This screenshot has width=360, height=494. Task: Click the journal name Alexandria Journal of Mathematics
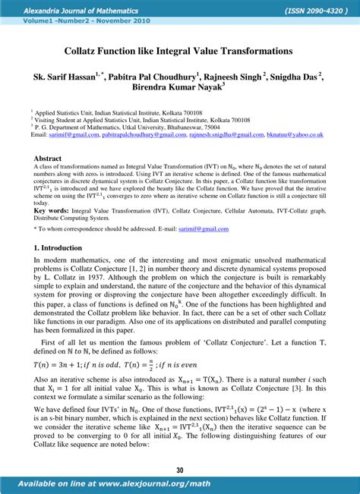click(70, 11)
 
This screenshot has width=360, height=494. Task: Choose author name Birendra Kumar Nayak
click(177, 90)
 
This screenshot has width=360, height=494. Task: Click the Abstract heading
click(48, 159)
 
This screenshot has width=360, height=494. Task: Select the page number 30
click(180, 470)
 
